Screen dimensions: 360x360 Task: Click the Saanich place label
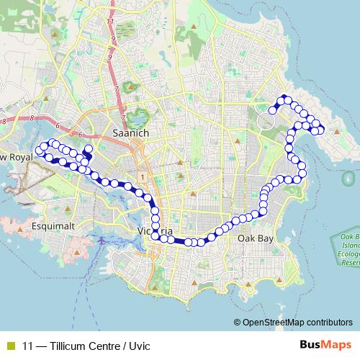click(130, 133)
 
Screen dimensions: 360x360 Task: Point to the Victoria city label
click(155, 230)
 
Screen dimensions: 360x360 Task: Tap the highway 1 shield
click(144, 176)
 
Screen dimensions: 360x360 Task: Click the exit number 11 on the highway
click(109, 22)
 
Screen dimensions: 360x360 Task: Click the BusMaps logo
click(325, 345)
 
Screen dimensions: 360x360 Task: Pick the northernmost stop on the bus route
click(284, 99)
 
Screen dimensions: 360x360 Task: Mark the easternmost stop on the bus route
click(320, 130)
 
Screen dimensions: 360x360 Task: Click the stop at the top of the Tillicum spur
click(89, 149)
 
